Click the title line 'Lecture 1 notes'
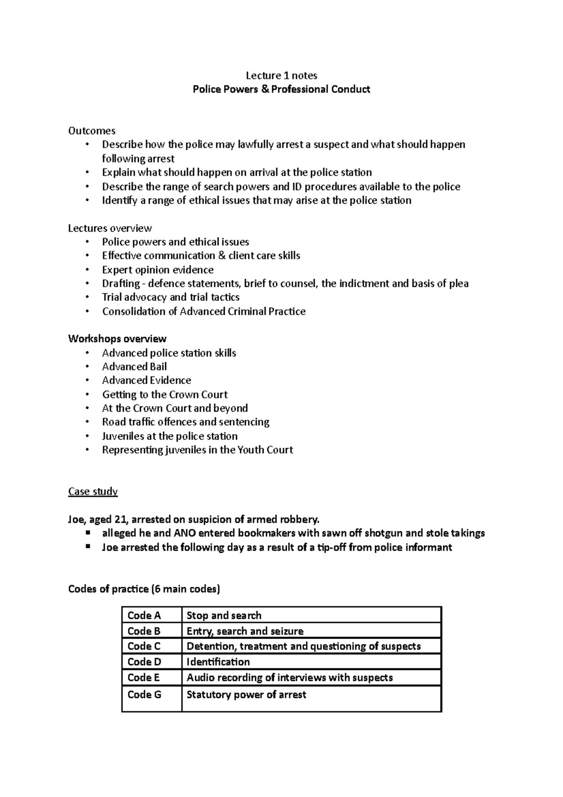pyautogui.click(x=281, y=76)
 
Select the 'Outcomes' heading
pyautogui.click(x=91, y=131)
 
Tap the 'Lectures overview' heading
pyautogui.click(x=110, y=229)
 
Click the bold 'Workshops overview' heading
pyautogui.click(x=117, y=339)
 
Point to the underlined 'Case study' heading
pyautogui.click(x=93, y=492)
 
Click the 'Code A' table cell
pyautogui.click(x=144, y=615)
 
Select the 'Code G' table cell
pyautogui.click(x=144, y=695)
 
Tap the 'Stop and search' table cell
pyautogui.click(x=224, y=615)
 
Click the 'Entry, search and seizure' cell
pyautogui.click(x=245, y=631)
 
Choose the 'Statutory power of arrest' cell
pyautogui.click(x=246, y=695)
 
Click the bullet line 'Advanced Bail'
pyautogui.click(x=134, y=367)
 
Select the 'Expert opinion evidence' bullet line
pyautogui.click(x=158, y=270)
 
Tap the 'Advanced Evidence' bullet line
pyautogui.click(x=146, y=380)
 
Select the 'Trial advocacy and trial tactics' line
pyautogui.click(x=171, y=297)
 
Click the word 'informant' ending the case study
pyautogui.click(x=429, y=547)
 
